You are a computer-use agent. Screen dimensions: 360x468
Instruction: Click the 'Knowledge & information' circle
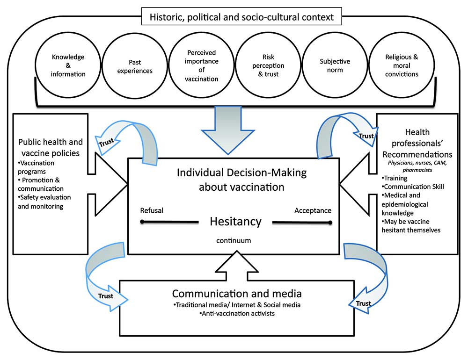pyautogui.click(x=69, y=65)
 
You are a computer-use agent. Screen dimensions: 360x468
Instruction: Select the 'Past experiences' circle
pyautogui.click(x=135, y=65)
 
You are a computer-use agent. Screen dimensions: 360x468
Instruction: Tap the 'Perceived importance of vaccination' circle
pyautogui.click(x=201, y=65)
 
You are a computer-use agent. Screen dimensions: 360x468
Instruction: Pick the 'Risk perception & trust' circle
pyautogui.click(x=267, y=65)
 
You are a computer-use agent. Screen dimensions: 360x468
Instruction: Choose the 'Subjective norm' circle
pyautogui.click(x=334, y=65)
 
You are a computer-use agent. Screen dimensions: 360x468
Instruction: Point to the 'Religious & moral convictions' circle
pyautogui.click(x=401, y=65)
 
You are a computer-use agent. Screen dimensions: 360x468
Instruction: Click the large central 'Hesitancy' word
pyautogui.click(x=235, y=221)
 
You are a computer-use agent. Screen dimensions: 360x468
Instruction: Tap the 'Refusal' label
pyautogui.click(x=152, y=210)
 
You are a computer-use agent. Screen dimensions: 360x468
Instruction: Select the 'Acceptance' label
pyautogui.click(x=313, y=210)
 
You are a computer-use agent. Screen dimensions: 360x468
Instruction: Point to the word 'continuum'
pyautogui.click(x=234, y=240)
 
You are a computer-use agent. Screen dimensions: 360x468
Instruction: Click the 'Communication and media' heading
pyautogui.click(x=236, y=294)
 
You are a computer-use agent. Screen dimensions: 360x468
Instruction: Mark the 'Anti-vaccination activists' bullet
pyautogui.click(x=236, y=313)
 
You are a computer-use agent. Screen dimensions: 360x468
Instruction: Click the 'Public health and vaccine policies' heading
pyautogui.click(x=50, y=147)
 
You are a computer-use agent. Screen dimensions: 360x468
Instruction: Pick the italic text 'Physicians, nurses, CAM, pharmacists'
pyautogui.click(x=417, y=166)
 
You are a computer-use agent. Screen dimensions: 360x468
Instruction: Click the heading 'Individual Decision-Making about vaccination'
pyautogui.click(x=241, y=180)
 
